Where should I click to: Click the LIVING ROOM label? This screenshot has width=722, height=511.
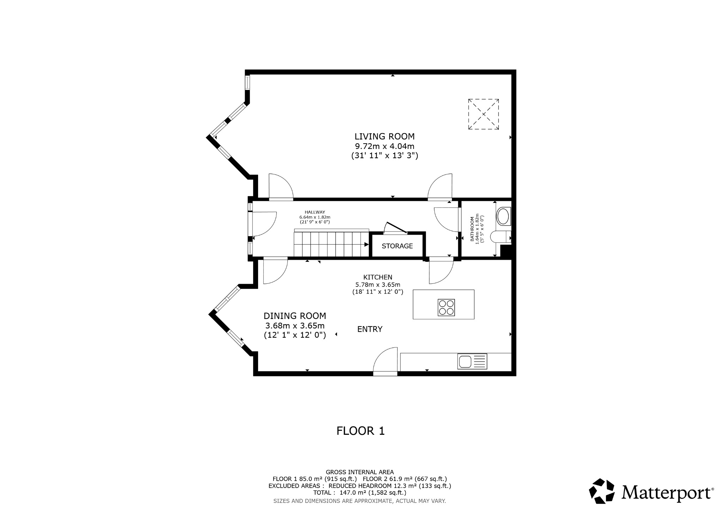(384, 136)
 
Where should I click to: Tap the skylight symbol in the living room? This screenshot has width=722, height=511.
(483, 114)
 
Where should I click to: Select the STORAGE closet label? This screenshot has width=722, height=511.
(397, 246)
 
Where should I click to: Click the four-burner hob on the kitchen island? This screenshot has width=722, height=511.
(446, 307)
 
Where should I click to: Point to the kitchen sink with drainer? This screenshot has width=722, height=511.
(472, 361)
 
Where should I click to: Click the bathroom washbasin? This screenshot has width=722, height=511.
(503, 216)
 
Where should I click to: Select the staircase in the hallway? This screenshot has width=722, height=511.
(331, 244)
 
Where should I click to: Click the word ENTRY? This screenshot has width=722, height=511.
(369, 329)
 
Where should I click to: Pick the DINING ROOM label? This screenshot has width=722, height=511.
(295, 316)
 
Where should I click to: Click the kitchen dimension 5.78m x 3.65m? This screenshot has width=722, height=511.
(378, 285)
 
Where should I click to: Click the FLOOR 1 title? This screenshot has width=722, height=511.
(360, 431)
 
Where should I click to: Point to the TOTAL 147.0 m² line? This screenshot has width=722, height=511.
(360, 493)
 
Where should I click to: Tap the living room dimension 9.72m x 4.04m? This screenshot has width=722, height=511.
(384, 146)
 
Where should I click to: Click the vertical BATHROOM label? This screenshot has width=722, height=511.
(472, 229)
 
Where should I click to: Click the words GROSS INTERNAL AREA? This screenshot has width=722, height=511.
(360, 472)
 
